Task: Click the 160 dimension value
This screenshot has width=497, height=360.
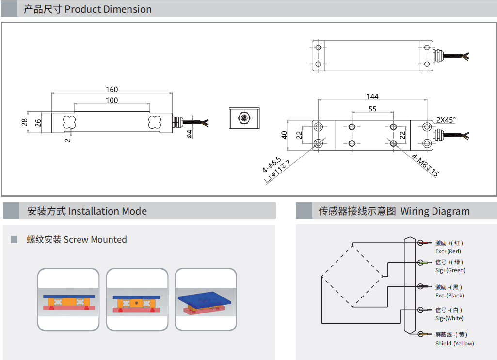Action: coord(112,90)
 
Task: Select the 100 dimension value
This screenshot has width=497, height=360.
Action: coord(112,100)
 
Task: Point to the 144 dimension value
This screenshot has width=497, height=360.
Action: coord(372,97)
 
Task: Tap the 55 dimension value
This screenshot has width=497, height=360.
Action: coord(372,109)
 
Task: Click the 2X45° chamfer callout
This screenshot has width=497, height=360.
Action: coord(446,120)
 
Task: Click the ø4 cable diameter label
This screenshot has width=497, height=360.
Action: coord(190,133)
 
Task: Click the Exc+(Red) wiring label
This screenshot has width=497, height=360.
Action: coord(448,251)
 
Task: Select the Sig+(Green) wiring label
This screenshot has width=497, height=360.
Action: coord(450,270)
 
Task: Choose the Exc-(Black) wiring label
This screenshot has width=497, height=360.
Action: coord(449,296)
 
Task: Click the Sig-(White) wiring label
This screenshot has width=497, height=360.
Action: coord(449,318)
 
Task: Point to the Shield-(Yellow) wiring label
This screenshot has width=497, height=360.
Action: coord(454,344)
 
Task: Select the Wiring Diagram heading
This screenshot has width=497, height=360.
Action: coord(394,211)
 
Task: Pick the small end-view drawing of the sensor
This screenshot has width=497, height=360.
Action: coord(244,118)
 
